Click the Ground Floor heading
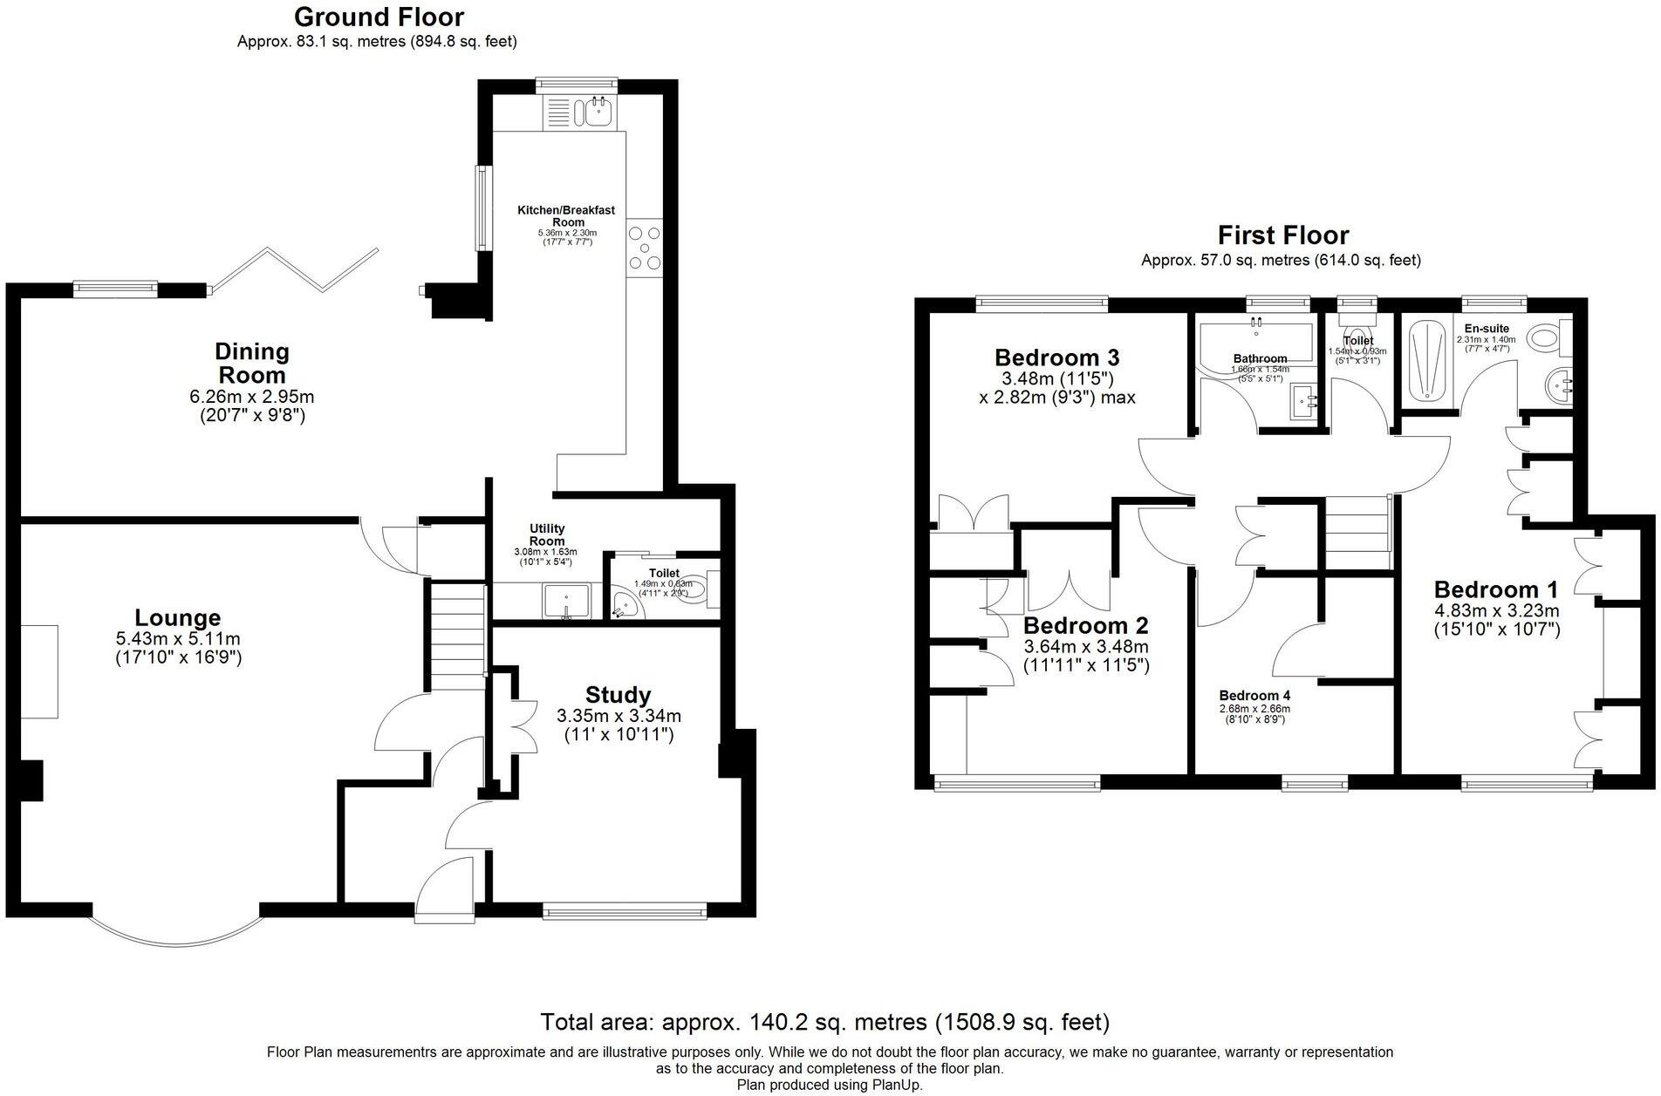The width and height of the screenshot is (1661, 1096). click(x=379, y=17)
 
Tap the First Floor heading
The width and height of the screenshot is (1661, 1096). click(x=1282, y=235)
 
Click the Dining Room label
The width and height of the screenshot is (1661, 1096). click(x=251, y=363)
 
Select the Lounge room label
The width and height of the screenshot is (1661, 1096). click(x=178, y=618)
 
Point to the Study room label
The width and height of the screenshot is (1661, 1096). click(x=618, y=695)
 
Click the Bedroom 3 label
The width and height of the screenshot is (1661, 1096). click(x=1056, y=357)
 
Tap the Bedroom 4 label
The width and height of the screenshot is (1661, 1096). click(x=1254, y=695)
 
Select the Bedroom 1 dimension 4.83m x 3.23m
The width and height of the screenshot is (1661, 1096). click(x=1496, y=610)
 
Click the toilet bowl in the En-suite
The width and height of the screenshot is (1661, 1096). click(x=1546, y=338)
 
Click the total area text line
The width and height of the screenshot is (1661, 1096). click(x=824, y=1022)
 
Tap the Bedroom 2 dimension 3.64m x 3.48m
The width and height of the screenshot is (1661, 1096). click(x=1085, y=647)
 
